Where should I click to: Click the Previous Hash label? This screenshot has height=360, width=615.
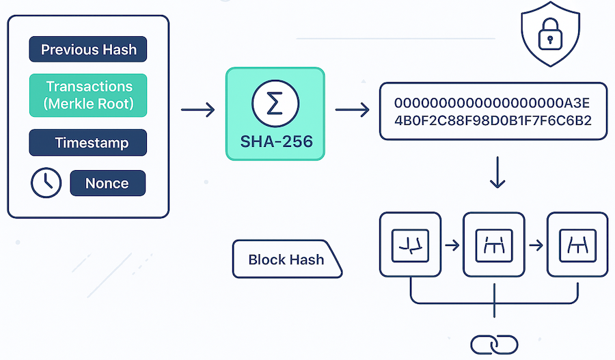[88, 50]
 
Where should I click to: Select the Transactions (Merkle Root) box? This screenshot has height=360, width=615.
[88, 95]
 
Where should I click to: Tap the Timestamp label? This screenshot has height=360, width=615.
[88, 143]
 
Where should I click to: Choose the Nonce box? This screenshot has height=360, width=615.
[107, 183]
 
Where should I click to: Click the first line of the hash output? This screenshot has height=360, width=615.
[492, 103]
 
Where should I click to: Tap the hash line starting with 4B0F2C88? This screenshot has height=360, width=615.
[492, 121]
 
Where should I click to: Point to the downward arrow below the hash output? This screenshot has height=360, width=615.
[497, 176]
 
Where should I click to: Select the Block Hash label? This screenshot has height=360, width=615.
[286, 260]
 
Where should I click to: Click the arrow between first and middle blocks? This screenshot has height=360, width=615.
[452, 244]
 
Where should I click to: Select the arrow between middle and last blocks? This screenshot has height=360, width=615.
[536, 244]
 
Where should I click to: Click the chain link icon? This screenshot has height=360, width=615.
[493, 344]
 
